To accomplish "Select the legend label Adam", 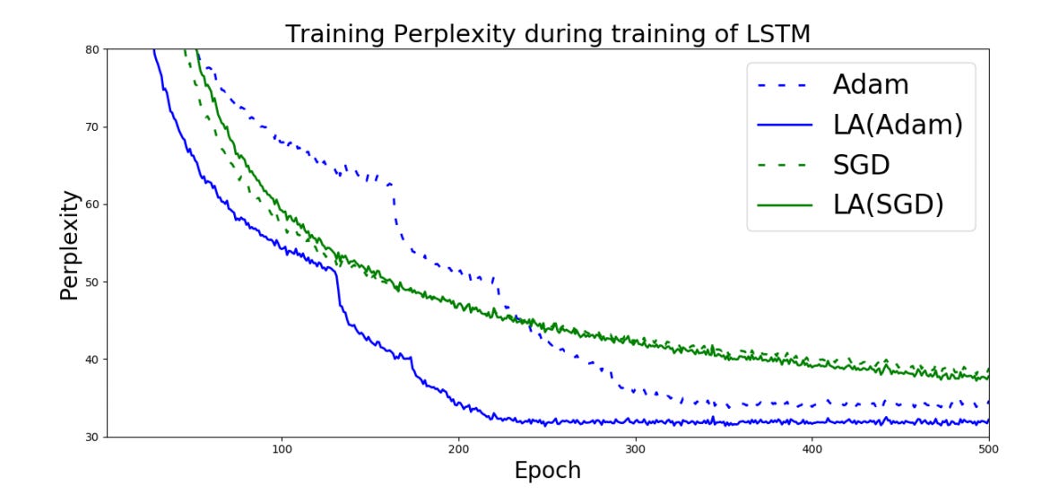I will (x=870, y=85).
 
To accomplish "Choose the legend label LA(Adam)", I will (x=897, y=126).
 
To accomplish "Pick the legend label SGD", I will (x=865, y=165).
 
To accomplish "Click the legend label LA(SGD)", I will (x=888, y=205).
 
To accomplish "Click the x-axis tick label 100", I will (x=282, y=449).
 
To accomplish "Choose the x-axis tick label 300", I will (x=635, y=449).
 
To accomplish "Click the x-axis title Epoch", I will (x=547, y=471).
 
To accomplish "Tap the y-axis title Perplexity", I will (x=71, y=244).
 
